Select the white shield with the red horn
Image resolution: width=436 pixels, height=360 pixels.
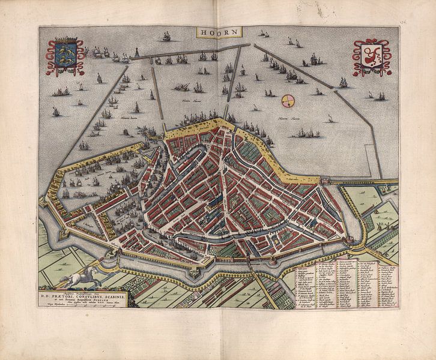(371, 58)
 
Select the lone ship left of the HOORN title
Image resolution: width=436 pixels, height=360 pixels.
(166, 37)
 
